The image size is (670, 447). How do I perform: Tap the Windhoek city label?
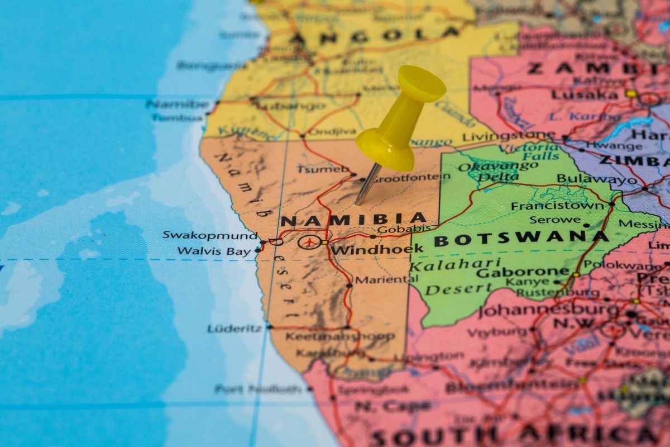click(377, 249)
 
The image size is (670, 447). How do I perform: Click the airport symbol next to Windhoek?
click(308, 242)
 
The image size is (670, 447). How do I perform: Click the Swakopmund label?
click(210, 235)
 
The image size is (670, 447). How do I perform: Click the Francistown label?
click(557, 206)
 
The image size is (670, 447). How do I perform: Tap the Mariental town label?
click(381, 280)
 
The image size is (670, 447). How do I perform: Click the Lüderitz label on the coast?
click(234, 329)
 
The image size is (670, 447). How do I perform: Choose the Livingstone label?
click(508, 136)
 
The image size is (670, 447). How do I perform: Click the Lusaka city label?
click(584, 95)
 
